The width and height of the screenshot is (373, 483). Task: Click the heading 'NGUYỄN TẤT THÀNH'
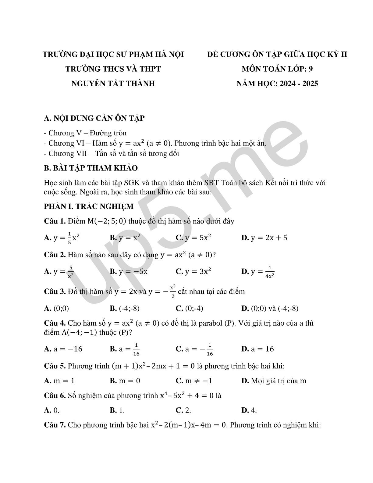(113, 83)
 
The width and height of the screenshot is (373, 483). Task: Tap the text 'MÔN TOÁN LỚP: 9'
(277, 69)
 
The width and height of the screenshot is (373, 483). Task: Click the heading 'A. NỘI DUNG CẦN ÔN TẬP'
(94, 118)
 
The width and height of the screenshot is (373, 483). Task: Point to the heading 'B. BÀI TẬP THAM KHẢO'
(91, 168)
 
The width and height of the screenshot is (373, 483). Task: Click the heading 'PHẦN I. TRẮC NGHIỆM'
(89, 206)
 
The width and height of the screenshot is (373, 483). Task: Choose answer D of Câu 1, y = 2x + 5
(264, 238)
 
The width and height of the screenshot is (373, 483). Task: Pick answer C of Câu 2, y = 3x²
(194, 271)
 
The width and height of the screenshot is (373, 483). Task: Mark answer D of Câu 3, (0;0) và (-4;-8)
(270, 308)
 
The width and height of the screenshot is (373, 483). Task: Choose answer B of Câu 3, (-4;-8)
(125, 308)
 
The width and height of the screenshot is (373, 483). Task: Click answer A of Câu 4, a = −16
(63, 349)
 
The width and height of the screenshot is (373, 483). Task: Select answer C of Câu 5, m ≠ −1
(194, 381)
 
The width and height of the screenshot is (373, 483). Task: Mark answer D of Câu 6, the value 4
(249, 410)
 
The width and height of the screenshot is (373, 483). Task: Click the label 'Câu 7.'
(55, 425)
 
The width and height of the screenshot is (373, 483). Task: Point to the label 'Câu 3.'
(55, 292)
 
